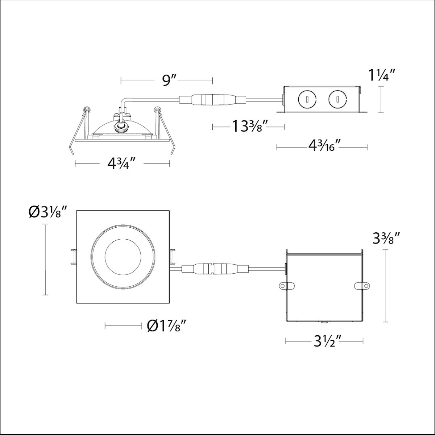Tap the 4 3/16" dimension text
(x=324, y=147)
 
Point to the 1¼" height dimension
(x=382, y=76)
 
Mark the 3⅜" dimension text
(x=386, y=239)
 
